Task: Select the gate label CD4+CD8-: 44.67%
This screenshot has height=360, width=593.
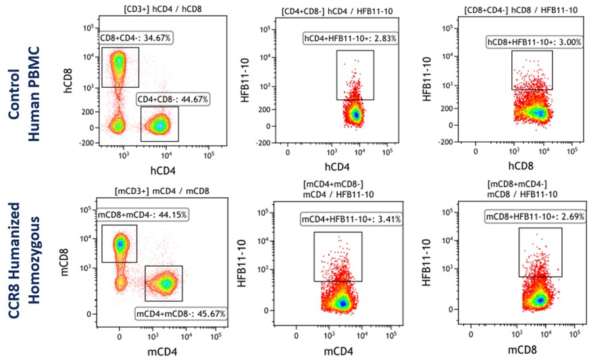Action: click(x=173, y=99)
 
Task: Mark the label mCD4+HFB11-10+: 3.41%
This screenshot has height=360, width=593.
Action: click(x=352, y=217)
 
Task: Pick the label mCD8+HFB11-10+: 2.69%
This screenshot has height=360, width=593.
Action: click(x=534, y=217)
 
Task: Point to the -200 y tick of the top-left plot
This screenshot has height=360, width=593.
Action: click(x=86, y=143)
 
